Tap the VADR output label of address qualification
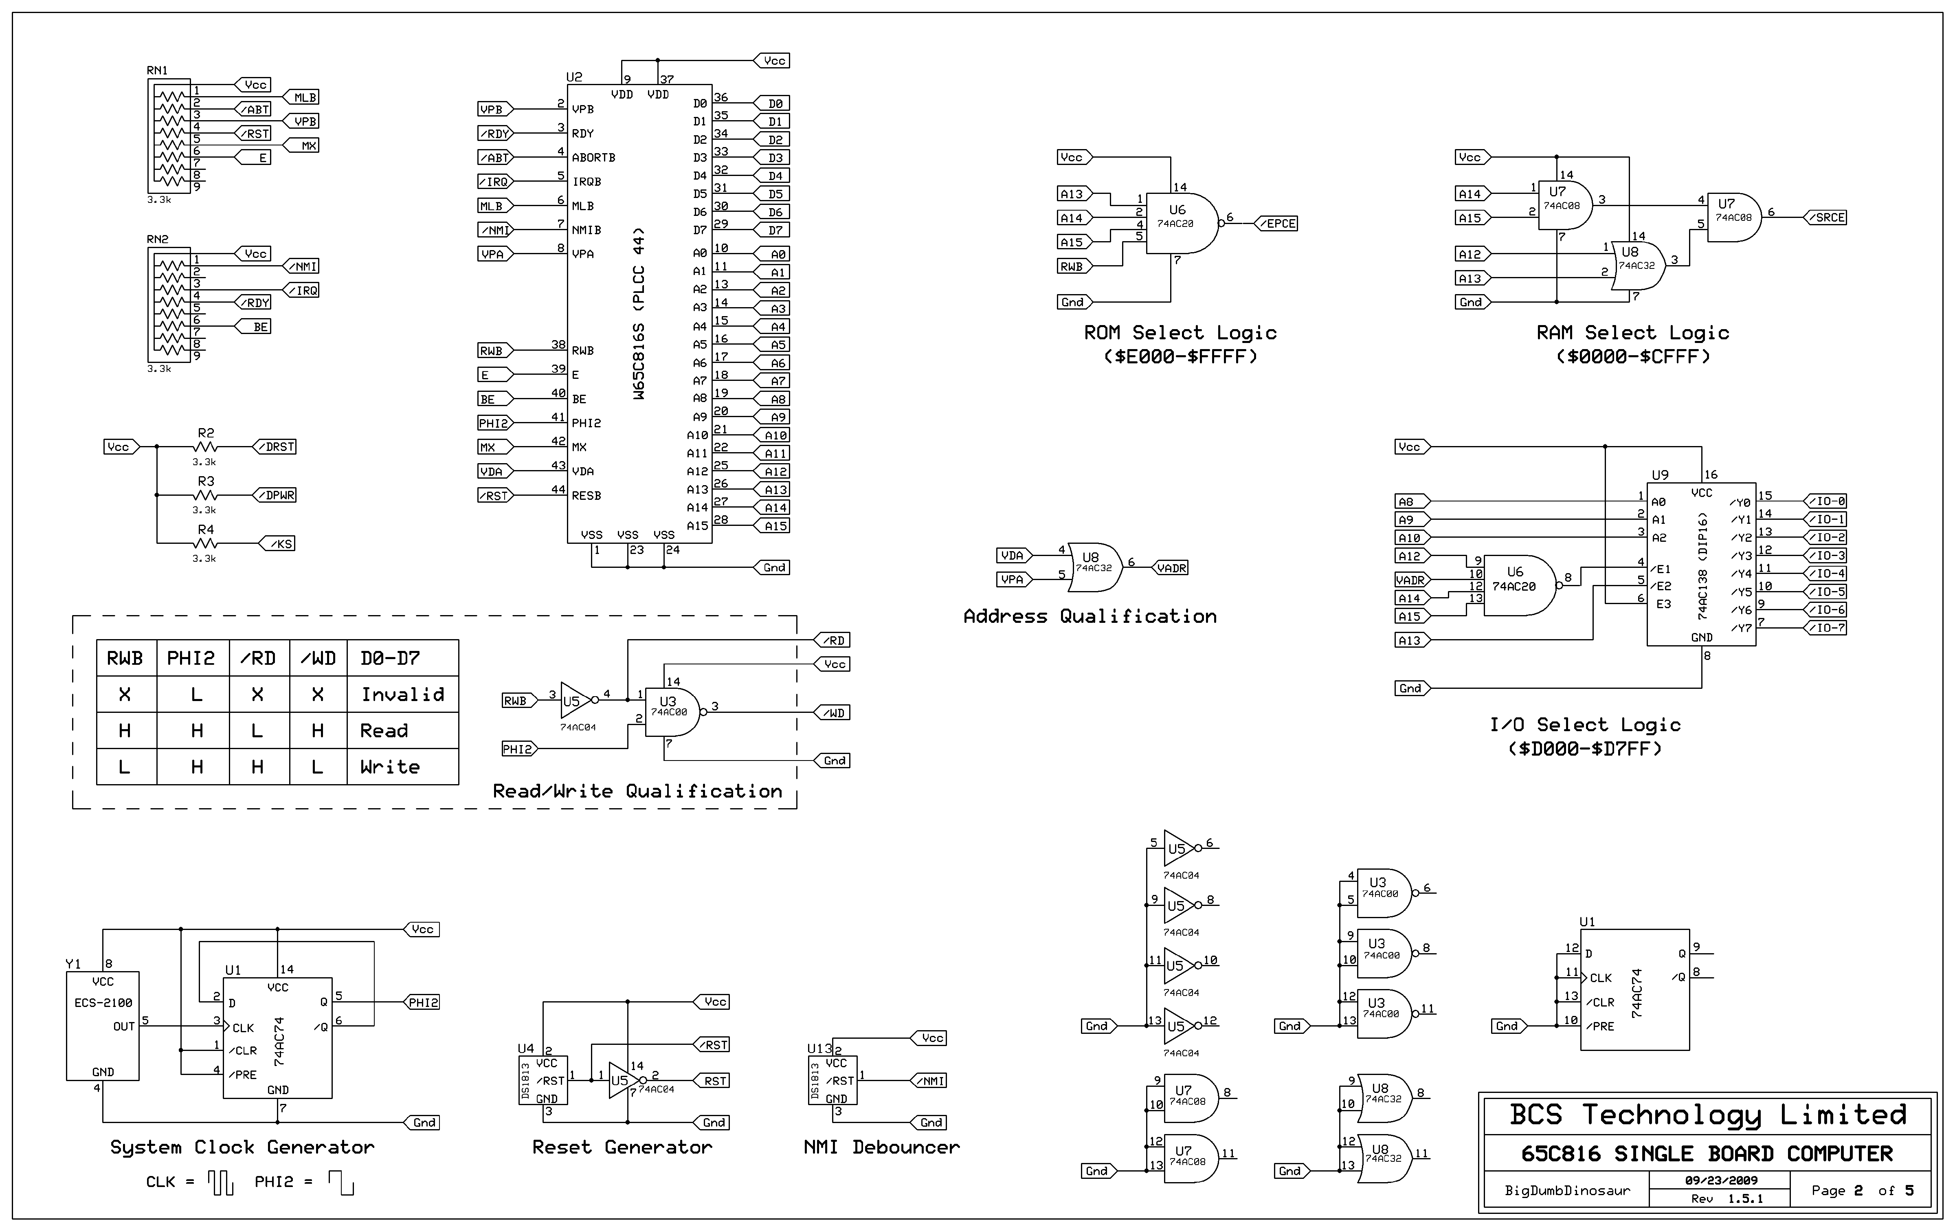(x=1171, y=568)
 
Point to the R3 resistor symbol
(x=206, y=495)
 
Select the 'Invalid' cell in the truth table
(x=403, y=694)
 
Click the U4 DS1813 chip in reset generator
(x=543, y=1080)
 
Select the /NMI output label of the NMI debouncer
(x=931, y=1081)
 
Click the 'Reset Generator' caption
(x=622, y=1147)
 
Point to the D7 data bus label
(x=775, y=231)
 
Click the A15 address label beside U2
(x=775, y=526)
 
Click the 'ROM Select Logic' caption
(x=1180, y=333)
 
